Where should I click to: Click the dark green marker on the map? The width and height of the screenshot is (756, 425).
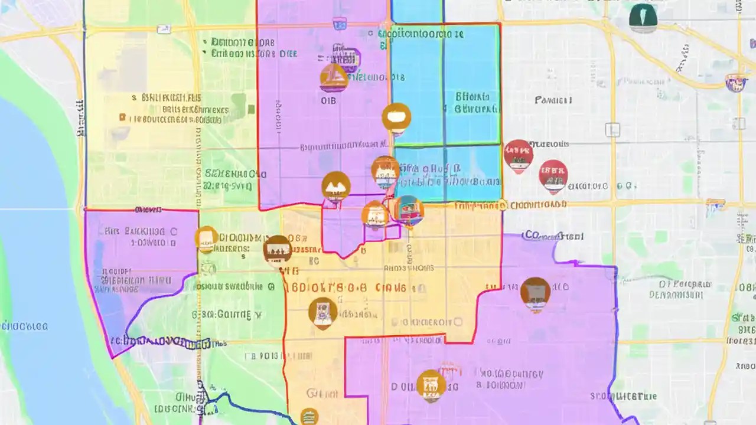click(643, 18)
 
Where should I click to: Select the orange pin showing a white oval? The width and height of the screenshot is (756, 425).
click(396, 117)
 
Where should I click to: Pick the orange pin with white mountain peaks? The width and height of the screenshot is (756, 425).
click(336, 186)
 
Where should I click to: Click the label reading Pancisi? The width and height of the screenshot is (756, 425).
click(553, 100)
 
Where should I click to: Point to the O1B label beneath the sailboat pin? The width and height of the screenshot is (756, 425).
click(328, 101)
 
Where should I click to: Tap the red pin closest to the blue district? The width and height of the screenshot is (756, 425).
click(518, 155)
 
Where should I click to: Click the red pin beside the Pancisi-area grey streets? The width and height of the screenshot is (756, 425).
click(553, 175)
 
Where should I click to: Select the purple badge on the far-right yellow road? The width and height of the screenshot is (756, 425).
click(735, 83)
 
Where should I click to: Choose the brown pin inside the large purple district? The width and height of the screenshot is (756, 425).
click(535, 292)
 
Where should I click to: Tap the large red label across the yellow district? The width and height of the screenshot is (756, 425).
click(346, 287)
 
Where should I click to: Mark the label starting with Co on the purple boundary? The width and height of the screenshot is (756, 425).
click(553, 236)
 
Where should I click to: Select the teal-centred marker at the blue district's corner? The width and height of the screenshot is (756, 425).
click(409, 210)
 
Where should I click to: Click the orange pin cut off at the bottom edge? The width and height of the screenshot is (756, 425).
click(309, 417)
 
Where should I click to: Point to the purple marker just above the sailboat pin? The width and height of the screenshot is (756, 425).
click(346, 59)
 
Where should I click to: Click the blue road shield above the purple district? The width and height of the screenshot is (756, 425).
click(339, 24)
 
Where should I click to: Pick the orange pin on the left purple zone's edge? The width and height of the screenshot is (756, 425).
click(206, 238)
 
